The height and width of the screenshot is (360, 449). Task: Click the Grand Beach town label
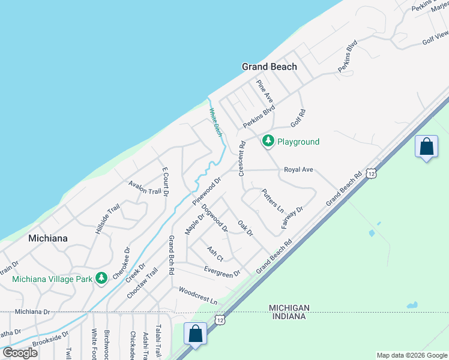tap(269, 67)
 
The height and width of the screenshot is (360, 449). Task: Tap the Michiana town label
tap(48, 238)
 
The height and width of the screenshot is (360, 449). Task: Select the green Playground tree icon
tap(268, 142)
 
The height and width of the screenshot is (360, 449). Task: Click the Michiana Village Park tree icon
tap(102, 278)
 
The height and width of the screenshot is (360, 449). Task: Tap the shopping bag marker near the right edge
tap(426, 147)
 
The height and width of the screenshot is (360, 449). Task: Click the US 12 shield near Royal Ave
tap(373, 173)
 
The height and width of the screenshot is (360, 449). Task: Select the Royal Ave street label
tap(299, 170)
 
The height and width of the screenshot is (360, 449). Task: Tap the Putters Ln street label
tap(273, 200)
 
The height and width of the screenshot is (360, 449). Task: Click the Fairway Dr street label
tap(292, 218)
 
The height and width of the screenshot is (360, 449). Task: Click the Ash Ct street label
tap(215, 254)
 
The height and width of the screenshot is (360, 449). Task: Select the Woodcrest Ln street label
tap(197, 295)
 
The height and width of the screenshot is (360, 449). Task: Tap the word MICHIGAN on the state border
tap(289, 307)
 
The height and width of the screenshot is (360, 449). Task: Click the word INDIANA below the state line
tap(289, 316)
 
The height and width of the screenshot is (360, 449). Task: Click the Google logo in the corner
tap(20, 353)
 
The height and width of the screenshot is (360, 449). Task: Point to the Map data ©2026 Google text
tap(411, 355)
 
